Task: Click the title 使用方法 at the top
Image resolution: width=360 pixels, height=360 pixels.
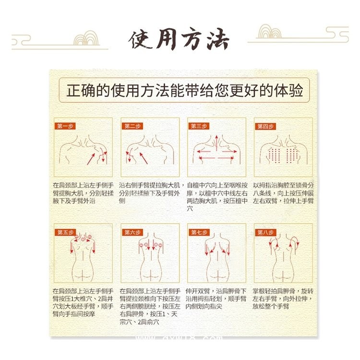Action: tap(179, 40)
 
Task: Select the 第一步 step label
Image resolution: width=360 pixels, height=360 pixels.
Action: tap(65, 126)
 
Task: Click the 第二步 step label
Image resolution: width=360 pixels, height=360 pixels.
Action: tap(132, 126)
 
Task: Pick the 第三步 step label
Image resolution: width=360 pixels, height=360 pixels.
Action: tap(198, 126)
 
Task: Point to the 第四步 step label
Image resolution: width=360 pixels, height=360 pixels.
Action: tap(265, 126)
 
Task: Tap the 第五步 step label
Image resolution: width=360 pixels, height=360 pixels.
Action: tap(65, 232)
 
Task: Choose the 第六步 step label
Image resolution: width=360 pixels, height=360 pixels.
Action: tap(132, 232)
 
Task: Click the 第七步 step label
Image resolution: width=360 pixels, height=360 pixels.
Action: tap(198, 232)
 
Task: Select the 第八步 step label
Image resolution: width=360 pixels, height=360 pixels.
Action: tap(265, 232)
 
